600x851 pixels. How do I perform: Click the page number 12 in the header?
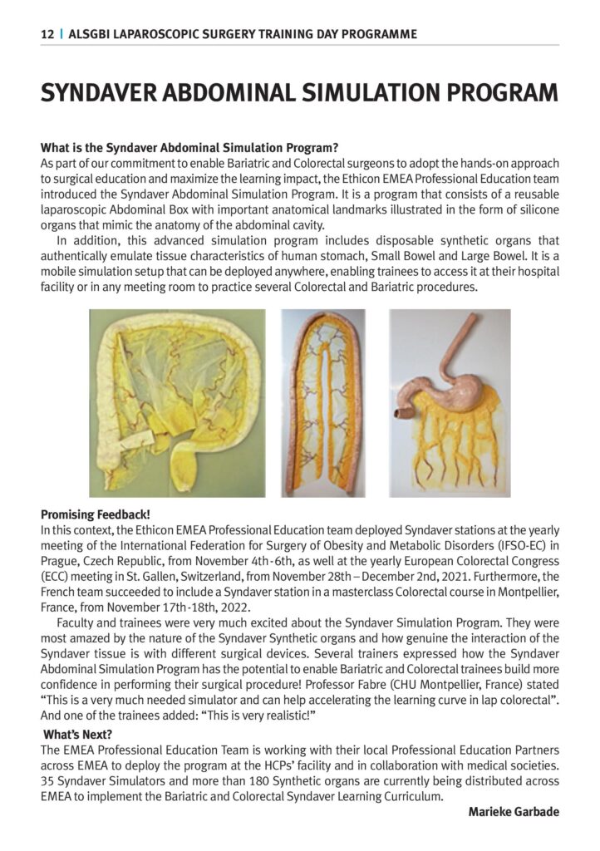(x=47, y=34)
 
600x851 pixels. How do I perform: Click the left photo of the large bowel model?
(x=178, y=403)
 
